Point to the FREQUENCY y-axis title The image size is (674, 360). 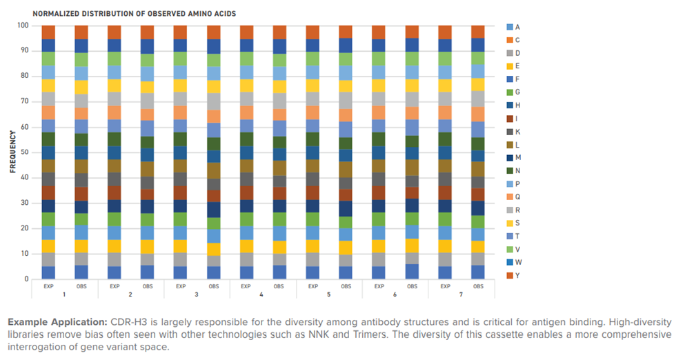pyautogui.click(x=13, y=152)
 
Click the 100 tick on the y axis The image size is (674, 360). pyautogui.click(x=22, y=26)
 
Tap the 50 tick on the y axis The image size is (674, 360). pyautogui.click(x=23, y=152)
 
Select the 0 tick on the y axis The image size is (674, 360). pyautogui.click(x=26, y=279)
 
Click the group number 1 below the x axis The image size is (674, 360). pyautogui.click(x=65, y=295)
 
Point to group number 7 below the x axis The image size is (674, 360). pyautogui.click(x=462, y=295)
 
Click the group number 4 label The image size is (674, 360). pyautogui.click(x=263, y=295)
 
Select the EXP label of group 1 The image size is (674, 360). pyautogui.click(x=48, y=286)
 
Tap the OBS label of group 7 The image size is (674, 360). pyautogui.click(x=478, y=286)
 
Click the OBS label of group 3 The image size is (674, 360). pyautogui.click(x=213, y=286)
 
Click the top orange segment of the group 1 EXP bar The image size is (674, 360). pyautogui.click(x=48, y=32)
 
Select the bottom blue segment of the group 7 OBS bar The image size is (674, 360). pyautogui.click(x=478, y=272)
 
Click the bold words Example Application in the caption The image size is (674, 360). pyautogui.click(x=58, y=322)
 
